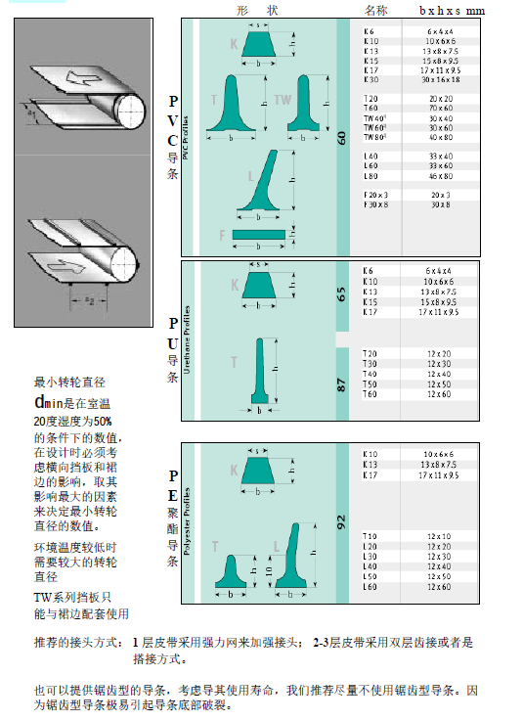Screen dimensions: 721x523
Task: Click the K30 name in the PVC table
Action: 370,79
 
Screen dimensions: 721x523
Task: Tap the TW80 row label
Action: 374,137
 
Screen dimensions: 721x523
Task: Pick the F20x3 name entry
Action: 375,195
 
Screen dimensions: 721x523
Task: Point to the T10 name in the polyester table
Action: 370,536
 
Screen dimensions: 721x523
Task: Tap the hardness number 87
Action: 342,384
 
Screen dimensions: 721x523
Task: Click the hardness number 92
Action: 342,520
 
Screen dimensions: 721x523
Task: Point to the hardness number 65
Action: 342,293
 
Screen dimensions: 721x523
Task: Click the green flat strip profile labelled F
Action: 259,235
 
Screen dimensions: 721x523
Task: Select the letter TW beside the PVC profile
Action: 282,100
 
